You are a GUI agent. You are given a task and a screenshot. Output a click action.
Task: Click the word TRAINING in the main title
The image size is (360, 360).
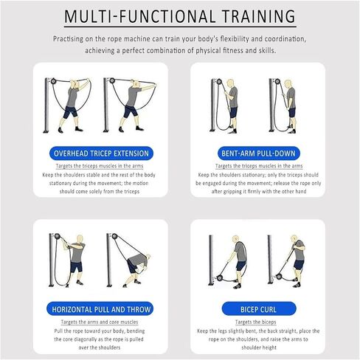[258, 16]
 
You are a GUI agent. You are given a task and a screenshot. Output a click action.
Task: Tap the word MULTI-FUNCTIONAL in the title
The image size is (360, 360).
[139, 16]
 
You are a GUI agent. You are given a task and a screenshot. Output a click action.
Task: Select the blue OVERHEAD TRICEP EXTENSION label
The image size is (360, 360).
[101, 153]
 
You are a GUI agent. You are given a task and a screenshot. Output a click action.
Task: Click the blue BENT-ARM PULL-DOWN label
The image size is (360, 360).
[258, 153]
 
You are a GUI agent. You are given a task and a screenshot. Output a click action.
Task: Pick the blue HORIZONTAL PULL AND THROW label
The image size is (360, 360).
[100, 309]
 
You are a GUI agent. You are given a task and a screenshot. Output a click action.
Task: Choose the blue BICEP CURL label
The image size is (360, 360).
[259, 309]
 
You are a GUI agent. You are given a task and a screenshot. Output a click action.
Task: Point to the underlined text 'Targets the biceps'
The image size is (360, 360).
[256, 322]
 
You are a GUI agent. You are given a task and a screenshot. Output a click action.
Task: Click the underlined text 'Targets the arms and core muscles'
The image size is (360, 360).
[100, 322]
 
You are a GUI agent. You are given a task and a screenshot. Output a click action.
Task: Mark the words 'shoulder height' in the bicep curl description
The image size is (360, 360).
[259, 347]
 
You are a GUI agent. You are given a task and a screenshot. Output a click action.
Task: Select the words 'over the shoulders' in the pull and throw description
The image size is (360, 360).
[100, 347]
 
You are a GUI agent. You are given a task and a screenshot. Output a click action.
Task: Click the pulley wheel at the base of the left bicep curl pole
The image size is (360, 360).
[220, 278]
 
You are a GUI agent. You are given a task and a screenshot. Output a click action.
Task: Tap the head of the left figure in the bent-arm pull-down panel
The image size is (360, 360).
[231, 83]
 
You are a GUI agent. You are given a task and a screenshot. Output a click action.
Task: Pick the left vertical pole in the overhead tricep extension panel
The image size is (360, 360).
[46, 105]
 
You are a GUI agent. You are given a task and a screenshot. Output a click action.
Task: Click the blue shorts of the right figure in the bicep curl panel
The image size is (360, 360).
[299, 264]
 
